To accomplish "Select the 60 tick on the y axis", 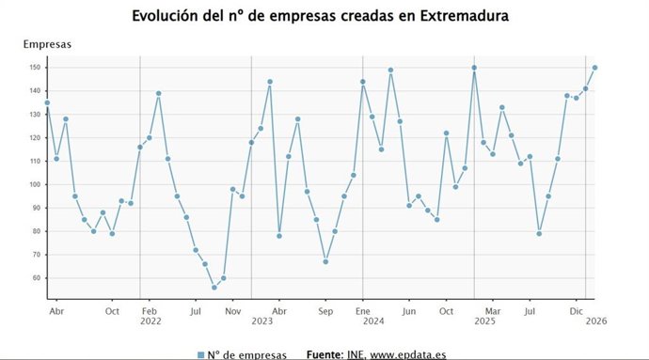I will [x=34, y=278].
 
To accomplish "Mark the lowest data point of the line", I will [x=214, y=288].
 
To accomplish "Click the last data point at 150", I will [x=594, y=68].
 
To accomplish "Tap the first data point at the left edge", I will [x=47, y=102].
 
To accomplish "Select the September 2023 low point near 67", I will [x=324, y=261].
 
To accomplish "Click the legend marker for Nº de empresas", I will [x=200, y=354].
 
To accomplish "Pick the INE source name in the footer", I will [x=356, y=354].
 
